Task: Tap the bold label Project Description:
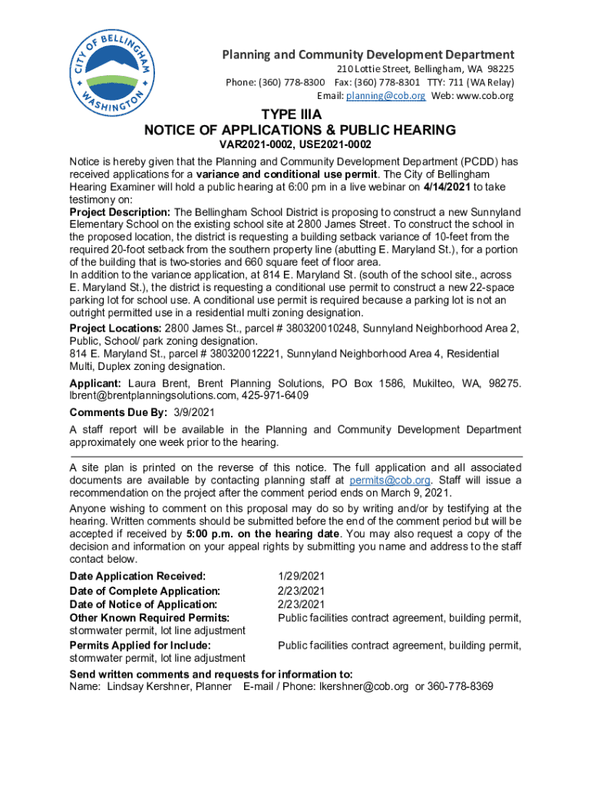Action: [121, 212]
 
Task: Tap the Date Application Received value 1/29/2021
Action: [302, 576]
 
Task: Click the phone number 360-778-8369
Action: [461, 686]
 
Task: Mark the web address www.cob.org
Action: [485, 96]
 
